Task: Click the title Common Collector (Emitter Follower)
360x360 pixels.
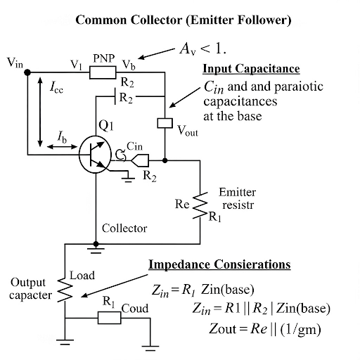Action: (183, 20)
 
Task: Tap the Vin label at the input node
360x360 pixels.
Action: (15, 63)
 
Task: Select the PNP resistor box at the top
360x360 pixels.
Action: (103, 70)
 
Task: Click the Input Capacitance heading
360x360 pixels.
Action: (251, 69)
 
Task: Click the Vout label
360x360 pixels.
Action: (188, 130)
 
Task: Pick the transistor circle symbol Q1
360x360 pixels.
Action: (94, 154)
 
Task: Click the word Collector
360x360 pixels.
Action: (124, 229)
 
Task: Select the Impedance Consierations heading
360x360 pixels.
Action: (219, 265)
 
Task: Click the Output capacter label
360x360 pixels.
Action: (30, 288)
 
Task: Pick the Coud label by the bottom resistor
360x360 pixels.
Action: (136, 309)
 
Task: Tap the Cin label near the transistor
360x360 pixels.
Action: (136, 146)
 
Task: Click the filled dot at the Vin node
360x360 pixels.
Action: (27, 71)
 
